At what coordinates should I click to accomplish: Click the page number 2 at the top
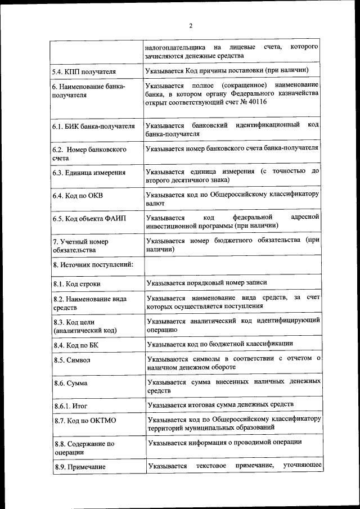[191, 26]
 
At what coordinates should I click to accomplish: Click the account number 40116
[256, 102]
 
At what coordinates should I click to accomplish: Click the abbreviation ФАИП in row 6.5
[110, 219]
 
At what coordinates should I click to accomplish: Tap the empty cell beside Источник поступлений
[232, 265]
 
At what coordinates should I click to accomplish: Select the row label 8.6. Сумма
[71, 383]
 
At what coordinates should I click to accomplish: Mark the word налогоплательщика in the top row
[174, 46]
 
